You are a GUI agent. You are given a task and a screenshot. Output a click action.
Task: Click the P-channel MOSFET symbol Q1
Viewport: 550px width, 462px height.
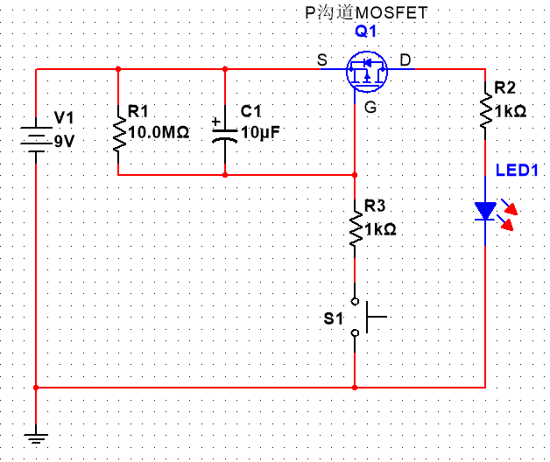click(x=366, y=71)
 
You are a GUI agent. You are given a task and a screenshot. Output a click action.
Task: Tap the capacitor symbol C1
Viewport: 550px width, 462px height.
click(x=225, y=132)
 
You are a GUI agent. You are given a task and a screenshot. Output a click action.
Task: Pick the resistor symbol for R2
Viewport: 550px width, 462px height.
click(x=484, y=110)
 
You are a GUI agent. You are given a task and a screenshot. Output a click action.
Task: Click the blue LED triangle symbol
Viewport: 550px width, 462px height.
click(x=485, y=211)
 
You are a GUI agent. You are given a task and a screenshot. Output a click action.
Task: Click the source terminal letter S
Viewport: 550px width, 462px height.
click(x=322, y=59)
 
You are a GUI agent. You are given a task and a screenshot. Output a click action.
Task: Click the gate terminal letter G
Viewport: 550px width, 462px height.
click(x=371, y=108)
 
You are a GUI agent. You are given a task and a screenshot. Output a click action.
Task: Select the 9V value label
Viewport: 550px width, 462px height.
click(x=66, y=140)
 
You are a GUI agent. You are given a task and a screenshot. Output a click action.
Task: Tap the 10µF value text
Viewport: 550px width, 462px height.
click(x=260, y=133)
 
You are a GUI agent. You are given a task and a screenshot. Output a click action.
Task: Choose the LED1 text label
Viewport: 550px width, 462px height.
click(x=516, y=170)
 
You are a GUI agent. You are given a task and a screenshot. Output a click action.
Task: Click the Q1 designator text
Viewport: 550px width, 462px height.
click(x=365, y=31)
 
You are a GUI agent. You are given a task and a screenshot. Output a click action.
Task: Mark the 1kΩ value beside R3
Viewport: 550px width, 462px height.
click(x=380, y=229)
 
